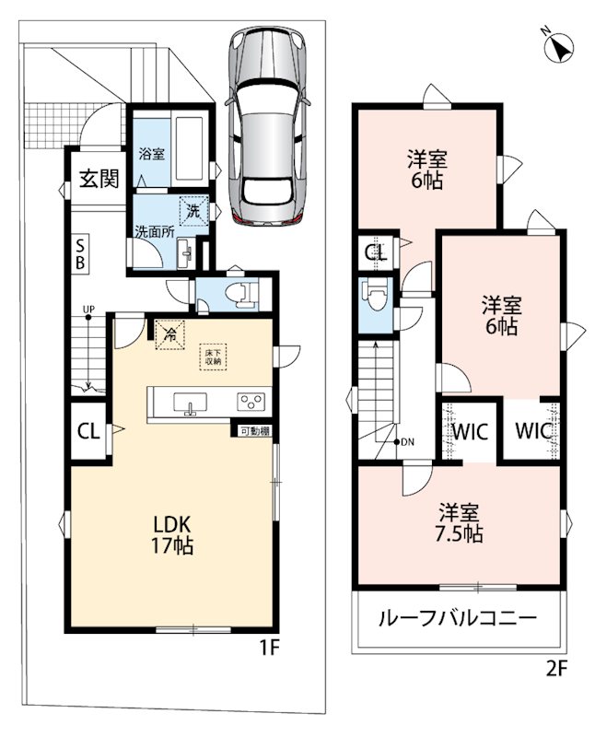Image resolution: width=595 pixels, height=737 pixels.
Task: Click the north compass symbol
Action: (x=559, y=48)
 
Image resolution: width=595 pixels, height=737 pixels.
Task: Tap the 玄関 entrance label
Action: (x=99, y=178)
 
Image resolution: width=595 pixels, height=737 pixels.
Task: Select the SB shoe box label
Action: (x=80, y=254)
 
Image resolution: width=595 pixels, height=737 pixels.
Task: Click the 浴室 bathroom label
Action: (x=152, y=154)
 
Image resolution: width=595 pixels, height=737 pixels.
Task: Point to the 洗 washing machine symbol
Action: (x=193, y=211)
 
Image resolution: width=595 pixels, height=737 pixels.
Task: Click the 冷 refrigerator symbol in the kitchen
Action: (x=169, y=334)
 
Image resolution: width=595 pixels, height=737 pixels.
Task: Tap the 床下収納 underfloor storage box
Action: (x=213, y=357)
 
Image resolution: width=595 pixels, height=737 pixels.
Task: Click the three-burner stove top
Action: (x=251, y=402)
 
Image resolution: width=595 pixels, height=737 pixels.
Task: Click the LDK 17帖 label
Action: (x=171, y=534)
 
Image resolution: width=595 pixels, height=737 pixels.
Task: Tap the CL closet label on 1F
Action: (x=88, y=431)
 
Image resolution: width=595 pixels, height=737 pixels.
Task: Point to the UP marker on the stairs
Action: (x=88, y=310)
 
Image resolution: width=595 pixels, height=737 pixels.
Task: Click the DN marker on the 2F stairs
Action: (x=404, y=442)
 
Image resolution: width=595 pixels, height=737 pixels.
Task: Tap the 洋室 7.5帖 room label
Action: (x=461, y=523)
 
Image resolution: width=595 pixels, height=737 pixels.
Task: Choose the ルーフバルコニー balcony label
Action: (x=457, y=617)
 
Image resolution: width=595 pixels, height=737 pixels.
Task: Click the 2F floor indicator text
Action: (x=557, y=668)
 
